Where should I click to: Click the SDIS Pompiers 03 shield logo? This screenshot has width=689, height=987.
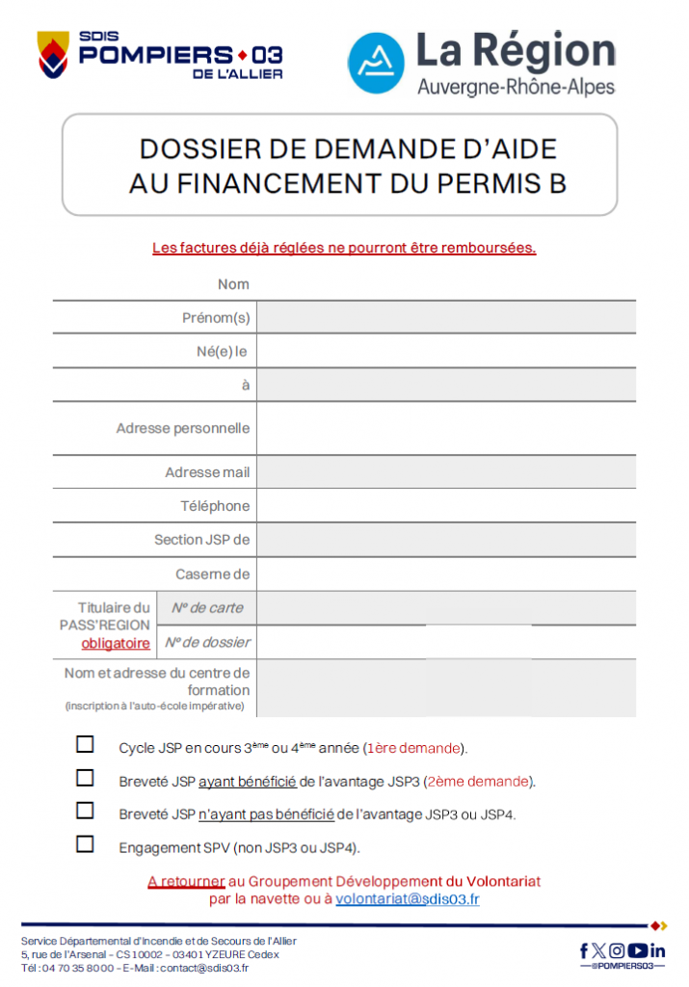point(54,56)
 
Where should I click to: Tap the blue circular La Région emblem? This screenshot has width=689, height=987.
point(376,64)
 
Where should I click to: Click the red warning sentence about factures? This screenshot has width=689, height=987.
point(344,248)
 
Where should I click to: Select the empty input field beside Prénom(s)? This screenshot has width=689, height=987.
point(445,317)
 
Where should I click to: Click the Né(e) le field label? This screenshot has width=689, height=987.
point(222,351)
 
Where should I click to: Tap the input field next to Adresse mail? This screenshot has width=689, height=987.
point(445,472)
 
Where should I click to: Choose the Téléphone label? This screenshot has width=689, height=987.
point(214,506)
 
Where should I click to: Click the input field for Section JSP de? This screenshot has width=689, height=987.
point(445,540)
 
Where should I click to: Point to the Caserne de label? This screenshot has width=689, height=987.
point(212,574)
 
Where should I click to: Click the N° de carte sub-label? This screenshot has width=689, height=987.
point(207,608)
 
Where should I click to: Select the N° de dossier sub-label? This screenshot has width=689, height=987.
point(207,642)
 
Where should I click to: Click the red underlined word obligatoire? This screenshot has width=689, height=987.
point(116,643)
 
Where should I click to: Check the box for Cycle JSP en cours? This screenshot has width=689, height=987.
point(86,744)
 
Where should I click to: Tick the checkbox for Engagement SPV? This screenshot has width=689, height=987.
point(86,844)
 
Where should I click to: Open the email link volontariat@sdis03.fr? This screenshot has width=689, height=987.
point(408,899)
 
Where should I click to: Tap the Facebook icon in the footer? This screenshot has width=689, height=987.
point(584,950)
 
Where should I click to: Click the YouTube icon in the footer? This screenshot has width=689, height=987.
point(637,950)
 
